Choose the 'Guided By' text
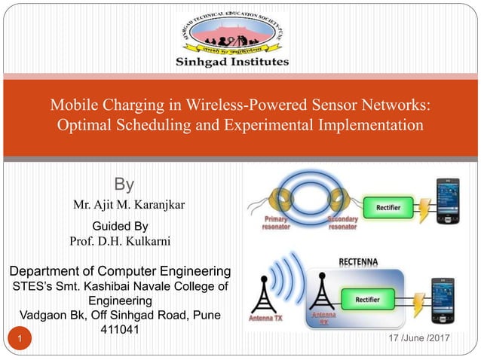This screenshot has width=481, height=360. (x=120, y=226)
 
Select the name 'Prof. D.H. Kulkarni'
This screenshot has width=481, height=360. (x=120, y=241)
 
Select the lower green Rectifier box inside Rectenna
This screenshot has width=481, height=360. (x=367, y=299)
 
